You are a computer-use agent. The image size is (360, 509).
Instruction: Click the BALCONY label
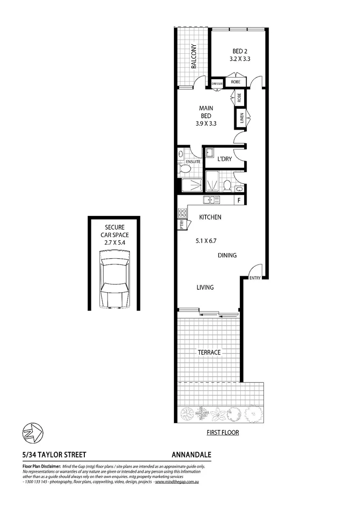click(x=193, y=56)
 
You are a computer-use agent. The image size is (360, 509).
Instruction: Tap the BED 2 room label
click(x=239, y=51)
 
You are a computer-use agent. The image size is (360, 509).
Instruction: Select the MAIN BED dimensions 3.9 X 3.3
click(x=205, y=124)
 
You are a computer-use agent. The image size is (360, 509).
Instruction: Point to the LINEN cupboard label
click(x=241, y=117)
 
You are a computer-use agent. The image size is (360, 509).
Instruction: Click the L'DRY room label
click(x=224, y=159)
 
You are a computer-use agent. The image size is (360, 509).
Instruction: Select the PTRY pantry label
click(x=181, y=225)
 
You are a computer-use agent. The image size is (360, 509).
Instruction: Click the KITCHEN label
click(x=210, y=217)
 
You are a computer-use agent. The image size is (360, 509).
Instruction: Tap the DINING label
click(x=227, y=255)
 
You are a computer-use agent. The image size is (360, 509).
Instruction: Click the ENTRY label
click(x=255, y=278)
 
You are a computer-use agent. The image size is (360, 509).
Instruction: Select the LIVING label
click(x=205, y=287)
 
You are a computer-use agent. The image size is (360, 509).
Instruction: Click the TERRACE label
click(x=209, y=352)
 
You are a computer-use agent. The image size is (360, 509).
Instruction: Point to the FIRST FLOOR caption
click(x=223, y=432)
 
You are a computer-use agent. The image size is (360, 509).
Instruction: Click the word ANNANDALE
click(x=191, y=455)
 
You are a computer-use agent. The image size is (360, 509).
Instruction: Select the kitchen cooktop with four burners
click(x=181, y=213)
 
